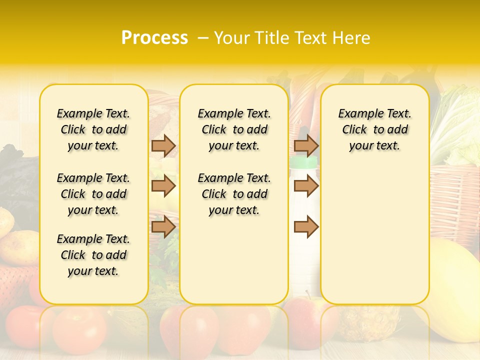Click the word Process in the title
(x=154, y=38)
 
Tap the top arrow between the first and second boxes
(x=163, y=145)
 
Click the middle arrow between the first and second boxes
(x=163, y=186)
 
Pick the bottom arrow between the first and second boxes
(x=163, y=227)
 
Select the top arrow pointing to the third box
(x=306, y=145)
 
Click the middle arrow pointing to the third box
(x=306, y=186)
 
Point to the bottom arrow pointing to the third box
(x=306, y=227)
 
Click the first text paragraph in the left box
(x=93, y=129)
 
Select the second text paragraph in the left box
(x=93, y=194)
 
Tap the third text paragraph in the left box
(x=93, y=255)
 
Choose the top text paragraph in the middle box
(x=234, y=129)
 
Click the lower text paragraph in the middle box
(x=234, y=194)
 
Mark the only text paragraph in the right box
(x=374, y=129)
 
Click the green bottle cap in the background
(x=303, y=162)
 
